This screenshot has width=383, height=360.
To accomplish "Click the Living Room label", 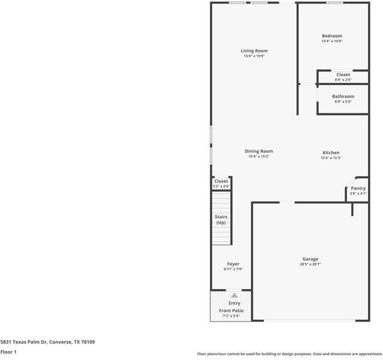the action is pyautogui.click(x=254, y=51).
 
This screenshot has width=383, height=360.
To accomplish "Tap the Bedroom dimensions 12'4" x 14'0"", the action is pyautogui.click(x=332, y=41).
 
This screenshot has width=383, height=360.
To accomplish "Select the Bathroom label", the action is pyautogui.click(x=343, y=97).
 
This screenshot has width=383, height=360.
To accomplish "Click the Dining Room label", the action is pyautogui.click(x=259, y=151).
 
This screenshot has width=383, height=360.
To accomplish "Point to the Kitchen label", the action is pyautogui.click(x=331, y=152).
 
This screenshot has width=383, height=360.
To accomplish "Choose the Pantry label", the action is pyautogui.click(x=358, y=188).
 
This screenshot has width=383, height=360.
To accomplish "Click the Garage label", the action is pyautogui.click(x=310, y=259).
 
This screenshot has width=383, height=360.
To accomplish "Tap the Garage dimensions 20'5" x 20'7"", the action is pyautogui.click(x=310, y=264).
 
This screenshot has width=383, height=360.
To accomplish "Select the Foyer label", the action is pyautogui.click(x=233, y=264).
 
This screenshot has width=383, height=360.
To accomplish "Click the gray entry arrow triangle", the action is pyautogui.click(x=234, y=295).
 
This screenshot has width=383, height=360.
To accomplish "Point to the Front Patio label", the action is pyautogui.click(x=231, y=311).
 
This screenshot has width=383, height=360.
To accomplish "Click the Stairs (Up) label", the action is pyautogui.click(x=221, y=220).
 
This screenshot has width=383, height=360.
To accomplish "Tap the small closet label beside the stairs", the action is pyautogui.click(x=221, y=181).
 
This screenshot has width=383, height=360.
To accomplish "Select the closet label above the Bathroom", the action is pyautogui.click(x=343, y=74).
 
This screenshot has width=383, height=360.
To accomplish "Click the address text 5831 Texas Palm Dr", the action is pyautogui.click(x=23, y=342).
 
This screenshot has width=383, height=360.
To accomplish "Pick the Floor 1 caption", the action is pyautogui.click(x=8, y=352).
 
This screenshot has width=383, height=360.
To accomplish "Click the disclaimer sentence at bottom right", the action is pyautogui.click(x=290, y=354).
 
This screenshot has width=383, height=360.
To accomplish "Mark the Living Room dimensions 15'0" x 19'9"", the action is pyautogui.click(x=254, y=56).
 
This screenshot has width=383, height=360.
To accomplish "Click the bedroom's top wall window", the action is pyautogui.click(x=334, y=2).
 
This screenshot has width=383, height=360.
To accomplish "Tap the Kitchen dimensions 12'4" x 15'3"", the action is pyautogui.click(x=331, y=158).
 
